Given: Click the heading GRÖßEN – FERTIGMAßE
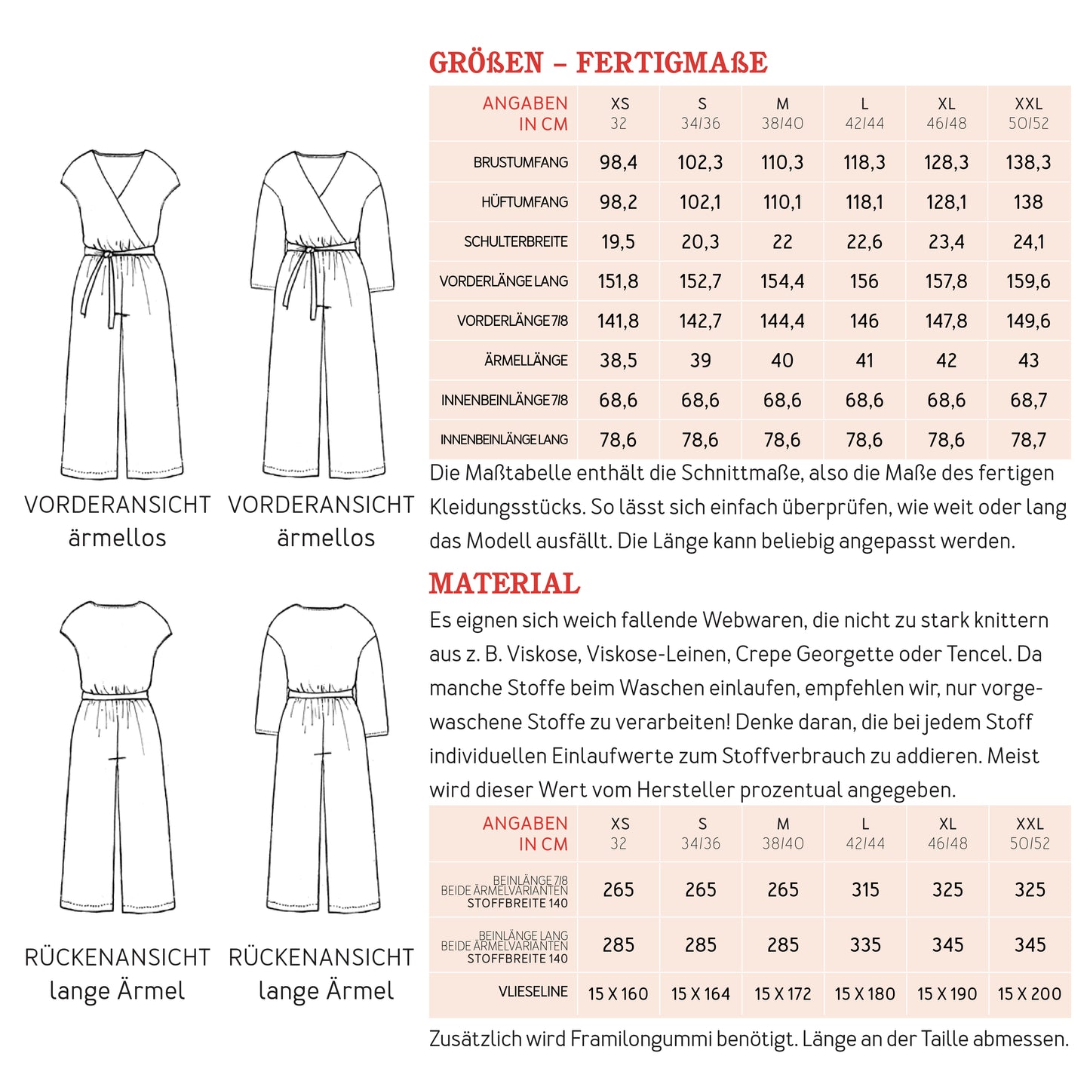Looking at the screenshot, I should [x=598, y=63].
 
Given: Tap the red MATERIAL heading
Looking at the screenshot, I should [x=505, y=584].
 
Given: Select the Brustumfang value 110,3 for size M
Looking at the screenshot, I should [x=782, y=162].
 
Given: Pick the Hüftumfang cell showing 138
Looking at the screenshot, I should [x=1028, y=202].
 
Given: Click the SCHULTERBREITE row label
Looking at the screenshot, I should [x=516, y=242].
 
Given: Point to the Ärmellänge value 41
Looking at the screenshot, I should [x=864, y=361].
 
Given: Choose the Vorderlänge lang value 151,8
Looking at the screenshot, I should [x=618, y=281].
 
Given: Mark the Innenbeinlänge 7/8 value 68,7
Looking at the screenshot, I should [x=1028, y=401].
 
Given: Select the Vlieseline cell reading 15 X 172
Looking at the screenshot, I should [x=782, y=994].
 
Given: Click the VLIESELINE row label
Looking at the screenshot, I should [x=533, y=992].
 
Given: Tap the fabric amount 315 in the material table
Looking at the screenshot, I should [x=865, y=890].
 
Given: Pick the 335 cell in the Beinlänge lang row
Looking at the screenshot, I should [x=865, y=945].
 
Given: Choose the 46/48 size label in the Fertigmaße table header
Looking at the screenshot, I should [x=946, y=124].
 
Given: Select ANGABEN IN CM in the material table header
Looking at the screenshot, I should [x=525, y=834].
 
